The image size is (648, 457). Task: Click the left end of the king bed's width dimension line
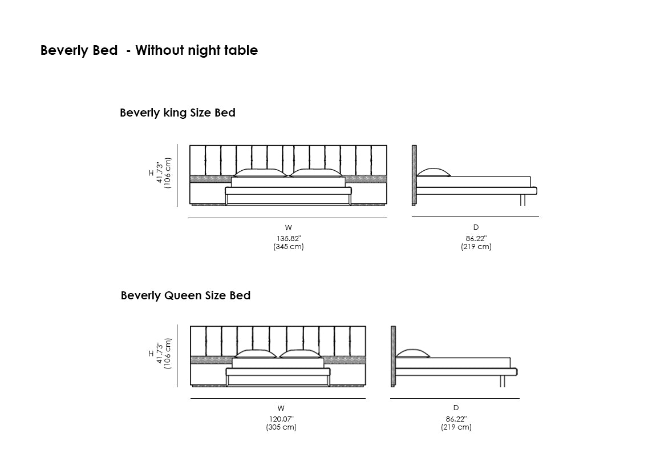tap(188, 218)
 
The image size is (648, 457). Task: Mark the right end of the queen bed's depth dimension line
tap(520, 398)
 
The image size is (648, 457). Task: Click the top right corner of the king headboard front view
tap(387, 145)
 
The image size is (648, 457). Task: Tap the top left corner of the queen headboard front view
tap(191, 326)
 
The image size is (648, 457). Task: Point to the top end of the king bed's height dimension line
tap(177, 144)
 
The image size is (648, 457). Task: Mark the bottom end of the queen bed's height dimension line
tap(177, 387)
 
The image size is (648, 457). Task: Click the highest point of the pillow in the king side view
tap(433, 168)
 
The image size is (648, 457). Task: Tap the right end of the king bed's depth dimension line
tap(539, 217)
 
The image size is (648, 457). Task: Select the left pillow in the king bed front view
tap(260, 173)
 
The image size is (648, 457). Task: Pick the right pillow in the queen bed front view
tap(299, 354)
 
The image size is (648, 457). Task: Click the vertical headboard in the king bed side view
tap(414, 175)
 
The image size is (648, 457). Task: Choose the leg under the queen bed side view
tap(502, 381)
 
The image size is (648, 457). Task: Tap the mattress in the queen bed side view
tap(453, 363)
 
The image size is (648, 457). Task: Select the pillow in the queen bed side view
tap(413, 354)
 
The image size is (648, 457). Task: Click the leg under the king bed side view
tap(523, 200)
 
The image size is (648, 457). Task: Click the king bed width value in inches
tap(289, 238)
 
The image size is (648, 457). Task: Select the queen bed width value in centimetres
tap(281, 427)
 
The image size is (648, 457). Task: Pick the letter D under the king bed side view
tap(476, 227)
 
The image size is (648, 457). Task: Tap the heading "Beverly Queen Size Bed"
tap(185, 295)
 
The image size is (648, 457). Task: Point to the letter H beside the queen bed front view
tap(151, 354)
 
